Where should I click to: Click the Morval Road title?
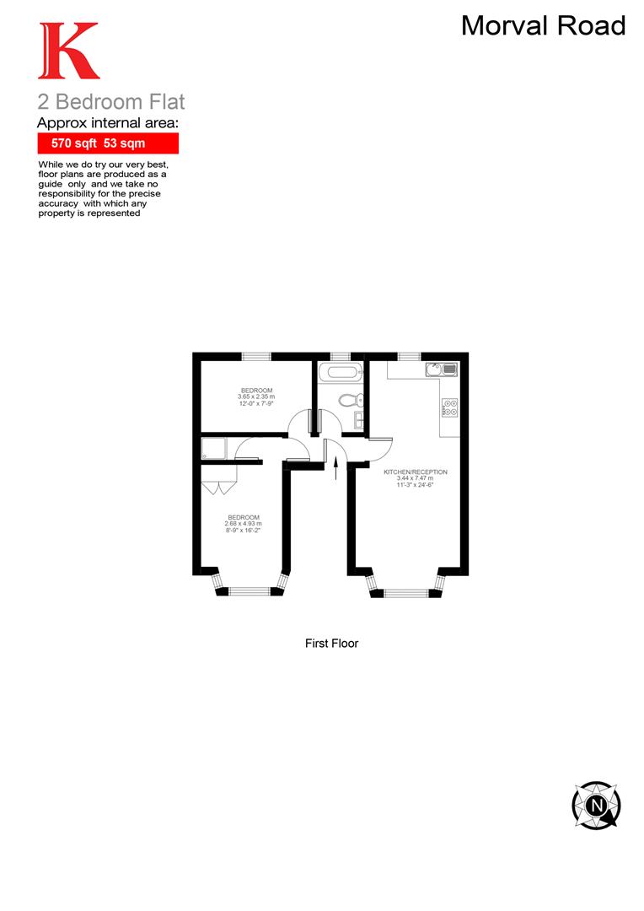(x=543, y=26)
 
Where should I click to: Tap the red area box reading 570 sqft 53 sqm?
(x=108, y=143)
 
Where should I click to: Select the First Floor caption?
(x=331, y=644)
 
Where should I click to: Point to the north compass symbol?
(x=597, y=805)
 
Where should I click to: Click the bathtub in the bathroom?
(x=341, y=373)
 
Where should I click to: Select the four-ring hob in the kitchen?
(x=448, y=407)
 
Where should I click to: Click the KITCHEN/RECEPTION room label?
(x=416, y=472)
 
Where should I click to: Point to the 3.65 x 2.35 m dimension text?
(x=256, y=396)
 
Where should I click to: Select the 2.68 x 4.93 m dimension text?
(x=244, y=524)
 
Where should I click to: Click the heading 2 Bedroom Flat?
(x=110, y=102)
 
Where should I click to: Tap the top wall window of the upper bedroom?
(x=255, y=356)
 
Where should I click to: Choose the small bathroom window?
(x=341, y=356)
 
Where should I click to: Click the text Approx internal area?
(x=109, y=123)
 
